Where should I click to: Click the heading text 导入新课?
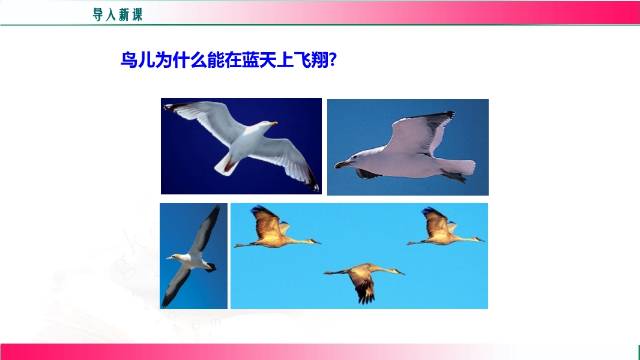[x=118, y=14]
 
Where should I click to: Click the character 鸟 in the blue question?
[x=129, y=60]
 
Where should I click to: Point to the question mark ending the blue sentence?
[x=332, y=60]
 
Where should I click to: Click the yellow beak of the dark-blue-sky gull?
[x=273, y=123]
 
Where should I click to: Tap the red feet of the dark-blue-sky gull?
[x=229, y=166]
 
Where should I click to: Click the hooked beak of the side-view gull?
[x=342, y=164]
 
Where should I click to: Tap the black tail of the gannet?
[x=211, y=268]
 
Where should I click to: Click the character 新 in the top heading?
[x=124, y=14]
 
